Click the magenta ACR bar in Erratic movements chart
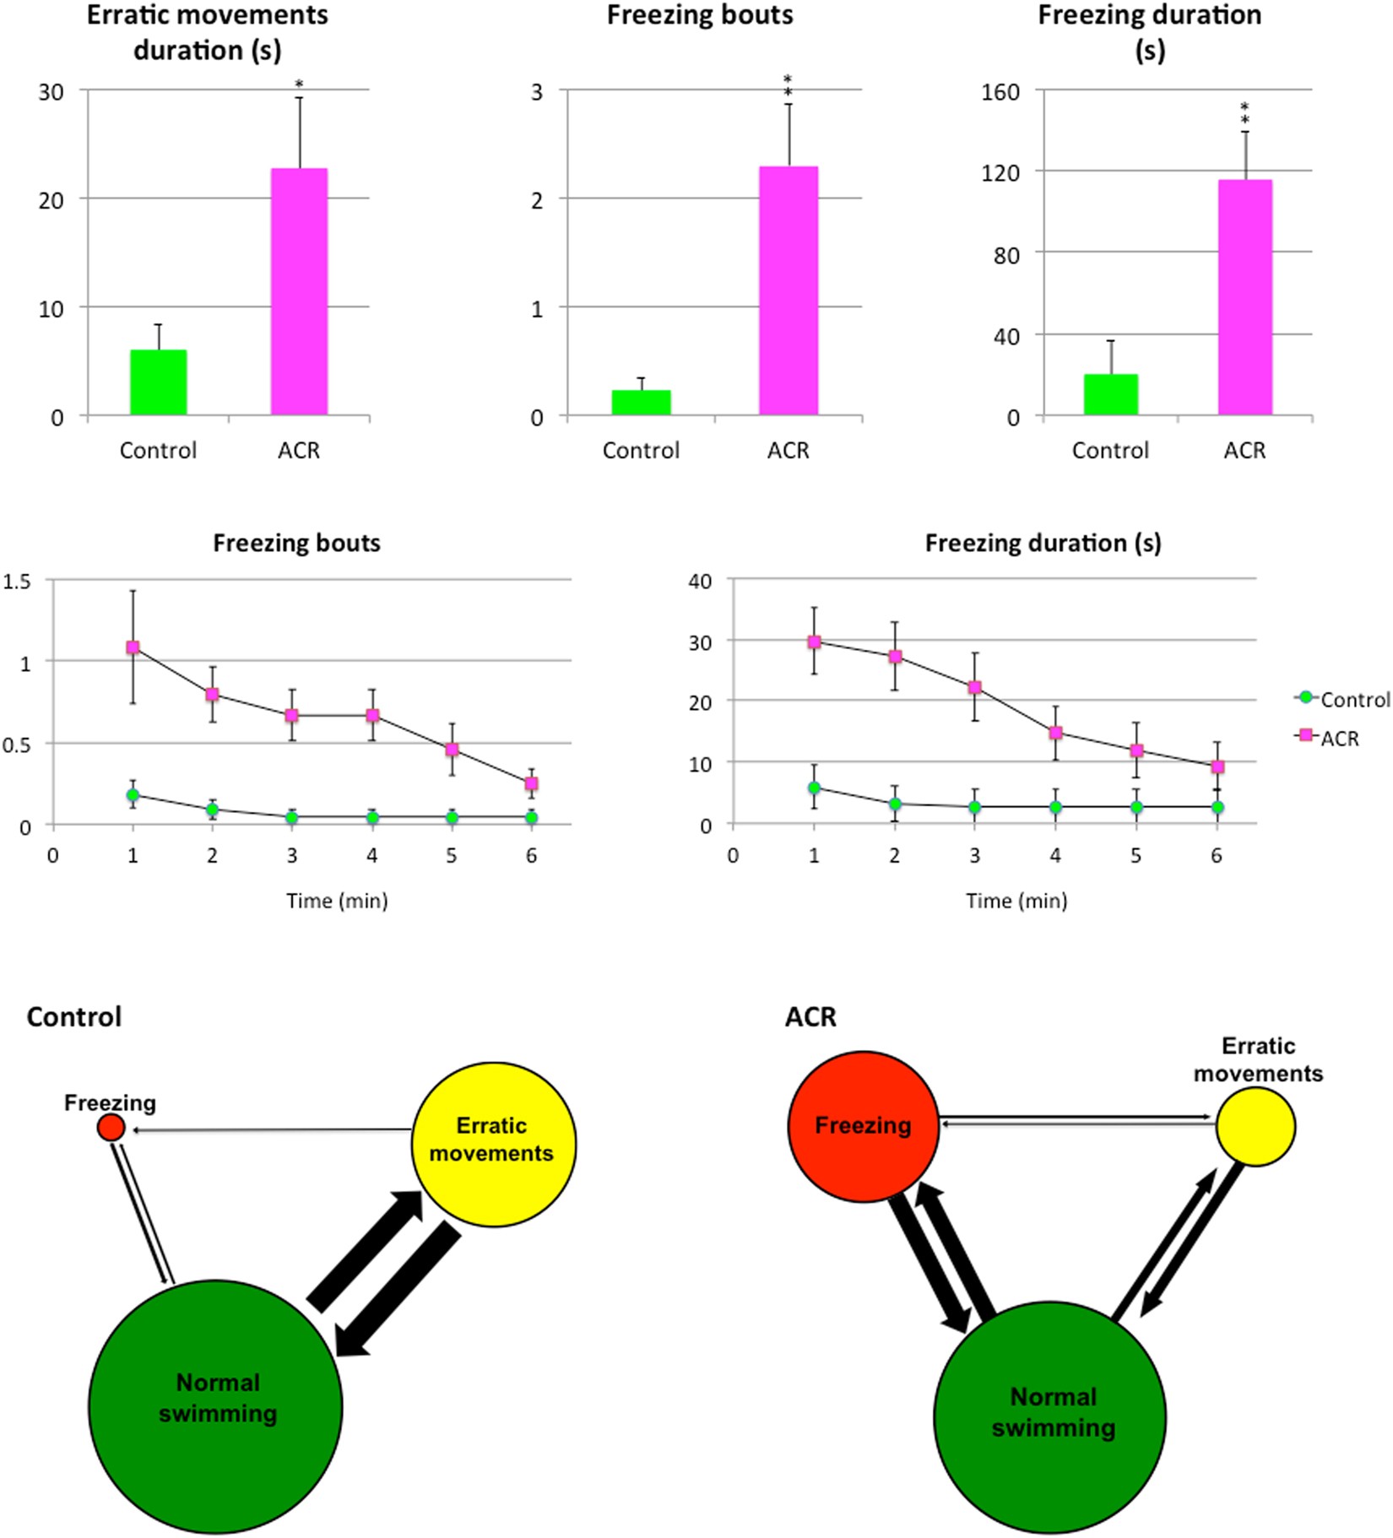[299, 291]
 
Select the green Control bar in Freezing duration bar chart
[1110, 394]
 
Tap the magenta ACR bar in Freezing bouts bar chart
[789, 290]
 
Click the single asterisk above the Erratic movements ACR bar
[299, 84]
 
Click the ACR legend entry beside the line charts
[1339, 739]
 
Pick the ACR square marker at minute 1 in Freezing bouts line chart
[133, 647]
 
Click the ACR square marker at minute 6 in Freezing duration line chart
[1217, 767]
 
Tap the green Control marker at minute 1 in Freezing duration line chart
[814, 788]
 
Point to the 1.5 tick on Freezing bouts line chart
[17, 582]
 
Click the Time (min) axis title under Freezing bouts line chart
[337, 901]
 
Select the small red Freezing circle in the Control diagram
[111, 1127]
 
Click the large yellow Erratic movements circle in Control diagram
[494, 1144]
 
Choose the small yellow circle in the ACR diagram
[1255, 1126]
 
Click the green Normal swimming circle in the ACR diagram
[1049, 1416]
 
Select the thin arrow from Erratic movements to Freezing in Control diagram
[270, 1129]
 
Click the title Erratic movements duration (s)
[208, 32]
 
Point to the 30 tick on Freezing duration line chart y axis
[701, 641]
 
